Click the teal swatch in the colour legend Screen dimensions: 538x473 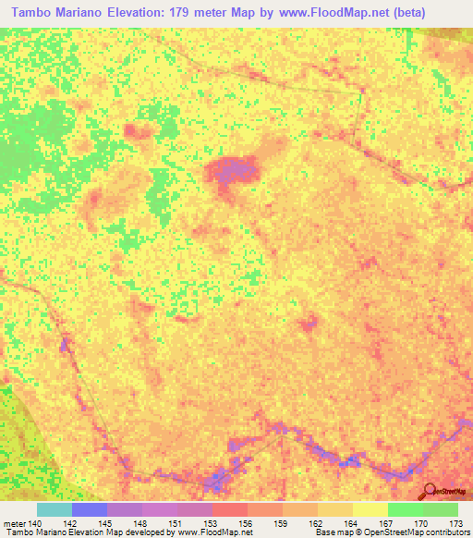tap(54, 509)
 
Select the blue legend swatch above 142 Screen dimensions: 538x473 tap(89, 509)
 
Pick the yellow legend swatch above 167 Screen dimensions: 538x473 tap(370, 509)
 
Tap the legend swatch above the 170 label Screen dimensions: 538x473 tap(405, 509)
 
